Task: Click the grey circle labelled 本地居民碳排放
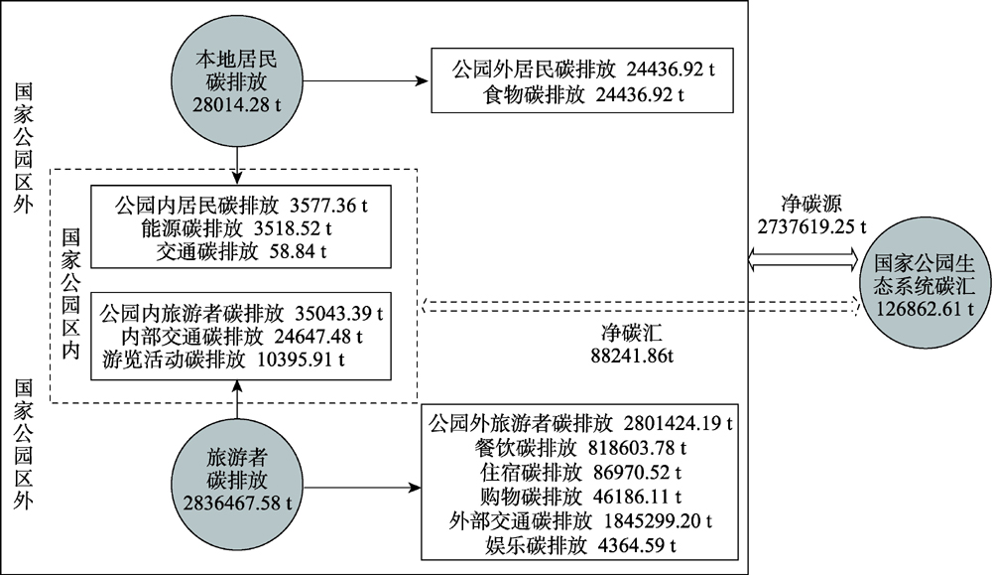click(237, 82)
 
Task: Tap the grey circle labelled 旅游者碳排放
click(237, 480)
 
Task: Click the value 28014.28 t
click(237, 104)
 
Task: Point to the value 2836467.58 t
click(237, 503)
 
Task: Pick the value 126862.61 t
click(925, 309)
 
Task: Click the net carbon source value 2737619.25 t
click(811, 226)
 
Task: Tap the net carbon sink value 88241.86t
click(632, 356)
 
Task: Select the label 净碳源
click(811, 204)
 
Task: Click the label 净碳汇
click(632, 333)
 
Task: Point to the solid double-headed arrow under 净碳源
click(804, 259)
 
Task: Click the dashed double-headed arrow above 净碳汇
click(640, 306)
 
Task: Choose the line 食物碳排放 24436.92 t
click(582, 95)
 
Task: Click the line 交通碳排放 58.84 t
click(241, 252)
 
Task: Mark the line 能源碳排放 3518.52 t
click(237, 228)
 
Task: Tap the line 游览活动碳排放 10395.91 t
click(223, 359)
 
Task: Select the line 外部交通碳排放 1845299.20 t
click(580, 521)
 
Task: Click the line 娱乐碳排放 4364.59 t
click(580, 545)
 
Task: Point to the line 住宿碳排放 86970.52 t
click(580, 473)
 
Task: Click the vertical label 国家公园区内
click(70, 294)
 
